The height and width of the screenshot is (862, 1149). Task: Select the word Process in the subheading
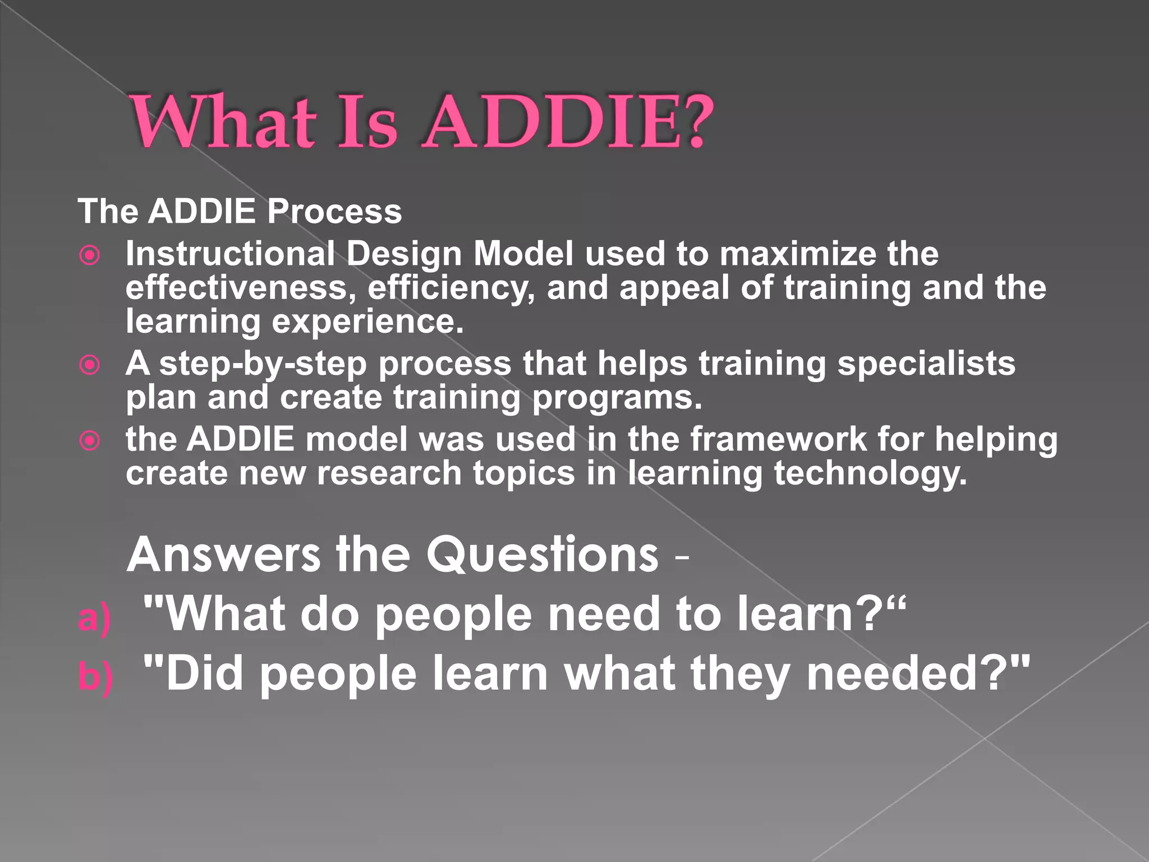(x=334, y=212)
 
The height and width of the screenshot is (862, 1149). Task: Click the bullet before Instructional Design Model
(x=90, y=255)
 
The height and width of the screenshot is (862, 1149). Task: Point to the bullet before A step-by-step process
(x=90, y=365)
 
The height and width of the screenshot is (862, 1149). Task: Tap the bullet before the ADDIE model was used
(x=90, y=441)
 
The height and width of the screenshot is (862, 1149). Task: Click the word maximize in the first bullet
(x=797, y=254)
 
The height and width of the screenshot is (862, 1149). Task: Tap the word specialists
(x=926, y=363)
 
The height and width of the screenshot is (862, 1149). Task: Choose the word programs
(x=617, y=398)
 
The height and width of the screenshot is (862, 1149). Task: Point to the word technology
(x=871, y=474)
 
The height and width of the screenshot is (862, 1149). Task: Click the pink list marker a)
(x=94, y=618)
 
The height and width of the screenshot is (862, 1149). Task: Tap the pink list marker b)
(x=95, y=677)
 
